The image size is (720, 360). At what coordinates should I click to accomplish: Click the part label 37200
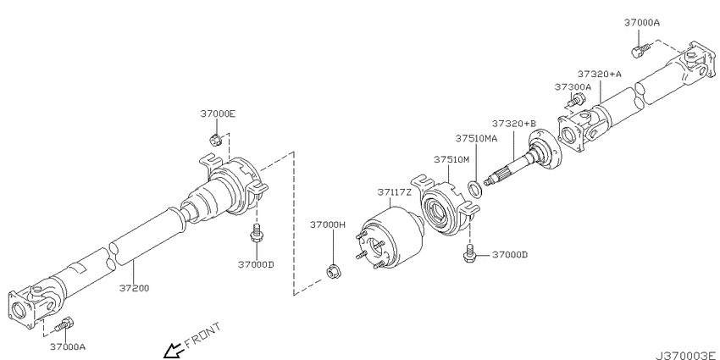(x=134, y=288)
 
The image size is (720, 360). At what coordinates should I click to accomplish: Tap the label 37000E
(x=218, y=114)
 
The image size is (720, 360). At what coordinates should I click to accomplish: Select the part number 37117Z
(x=395, y=192)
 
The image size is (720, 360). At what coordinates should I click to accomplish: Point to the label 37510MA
(x=476, y=138)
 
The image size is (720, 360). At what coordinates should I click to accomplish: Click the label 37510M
(x=451, y=159)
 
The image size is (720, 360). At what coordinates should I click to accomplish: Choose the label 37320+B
(x=514, y=124)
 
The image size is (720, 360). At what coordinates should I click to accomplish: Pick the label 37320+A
(x=599, y=74)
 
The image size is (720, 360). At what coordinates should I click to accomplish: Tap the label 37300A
(x=573, y=86)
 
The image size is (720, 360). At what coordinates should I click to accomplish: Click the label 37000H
(x=328, y=224)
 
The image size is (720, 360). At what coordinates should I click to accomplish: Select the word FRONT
(x=202, y=335)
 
